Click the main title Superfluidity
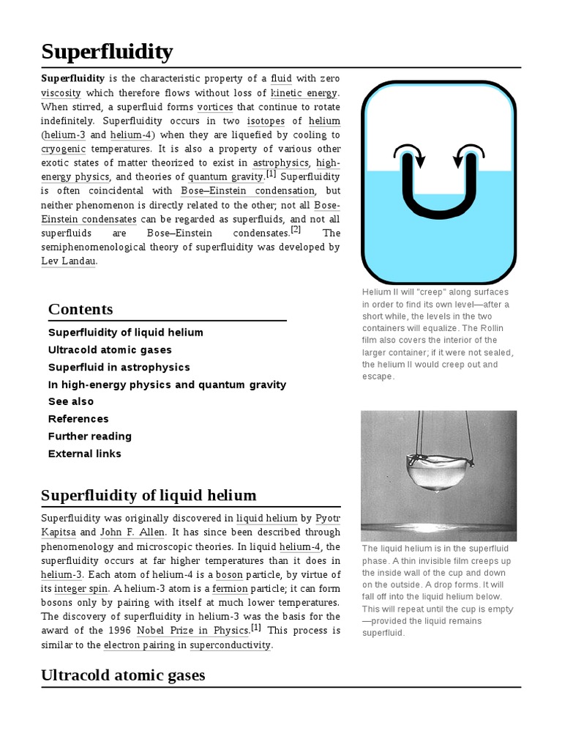pos(107,51)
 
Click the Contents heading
pos(80,309)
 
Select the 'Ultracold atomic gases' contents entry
pos(110,350)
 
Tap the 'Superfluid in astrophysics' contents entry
pos(119,367)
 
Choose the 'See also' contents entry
pos(71,401)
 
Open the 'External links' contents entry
pos(84,453)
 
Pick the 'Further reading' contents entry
pos(89,436)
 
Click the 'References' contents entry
pos(78,419)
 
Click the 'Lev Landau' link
pos(68,261)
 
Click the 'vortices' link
pos(214,106)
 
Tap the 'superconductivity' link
pos(230,645)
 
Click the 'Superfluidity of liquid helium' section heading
pos(149,495)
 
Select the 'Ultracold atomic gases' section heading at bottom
pos(123,675)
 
